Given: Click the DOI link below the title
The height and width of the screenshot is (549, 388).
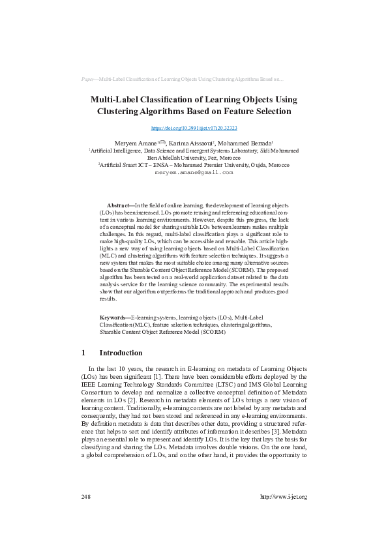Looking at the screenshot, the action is point(194,129).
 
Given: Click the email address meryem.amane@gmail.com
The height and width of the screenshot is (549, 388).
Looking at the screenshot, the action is point(194,173).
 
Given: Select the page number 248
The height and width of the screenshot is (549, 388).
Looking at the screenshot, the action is point(85,497).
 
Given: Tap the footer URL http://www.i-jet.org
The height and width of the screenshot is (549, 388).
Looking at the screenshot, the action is point(283,497).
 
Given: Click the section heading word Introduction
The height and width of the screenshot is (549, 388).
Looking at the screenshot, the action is point(121,353).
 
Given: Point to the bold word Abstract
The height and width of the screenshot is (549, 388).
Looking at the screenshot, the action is point(119,205).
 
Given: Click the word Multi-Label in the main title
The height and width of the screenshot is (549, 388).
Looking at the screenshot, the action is point(116,100).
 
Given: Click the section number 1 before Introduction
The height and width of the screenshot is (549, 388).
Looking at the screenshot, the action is point(83,353).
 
